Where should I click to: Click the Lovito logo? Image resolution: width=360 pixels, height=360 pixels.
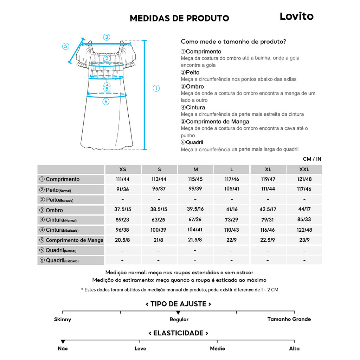296,16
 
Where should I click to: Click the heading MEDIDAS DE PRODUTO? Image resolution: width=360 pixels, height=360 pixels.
179,18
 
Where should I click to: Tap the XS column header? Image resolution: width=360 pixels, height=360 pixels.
123,169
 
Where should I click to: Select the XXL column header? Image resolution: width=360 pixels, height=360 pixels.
304,169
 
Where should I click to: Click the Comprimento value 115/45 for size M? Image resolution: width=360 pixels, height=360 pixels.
195,179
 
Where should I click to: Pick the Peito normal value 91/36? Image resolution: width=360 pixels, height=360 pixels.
123,189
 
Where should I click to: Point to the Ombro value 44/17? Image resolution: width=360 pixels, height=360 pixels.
304,209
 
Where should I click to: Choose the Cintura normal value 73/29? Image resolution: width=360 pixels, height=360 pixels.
232,220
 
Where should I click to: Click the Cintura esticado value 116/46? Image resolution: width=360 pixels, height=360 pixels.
268,230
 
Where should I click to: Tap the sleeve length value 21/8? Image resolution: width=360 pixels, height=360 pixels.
159,240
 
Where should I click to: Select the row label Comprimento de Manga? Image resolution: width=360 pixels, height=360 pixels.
71,240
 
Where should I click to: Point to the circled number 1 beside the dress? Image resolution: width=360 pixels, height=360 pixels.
156,88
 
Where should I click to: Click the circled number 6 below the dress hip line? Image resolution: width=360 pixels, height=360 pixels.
106,102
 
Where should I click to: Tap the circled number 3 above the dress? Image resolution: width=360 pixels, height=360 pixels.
107,37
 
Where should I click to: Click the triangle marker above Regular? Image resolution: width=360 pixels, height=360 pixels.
178,313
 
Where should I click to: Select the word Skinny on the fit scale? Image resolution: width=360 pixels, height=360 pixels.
63,320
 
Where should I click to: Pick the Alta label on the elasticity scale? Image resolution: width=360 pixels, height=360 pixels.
294,348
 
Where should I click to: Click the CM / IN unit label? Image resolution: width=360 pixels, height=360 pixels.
312,159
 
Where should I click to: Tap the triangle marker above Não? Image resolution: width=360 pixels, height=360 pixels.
63,342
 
